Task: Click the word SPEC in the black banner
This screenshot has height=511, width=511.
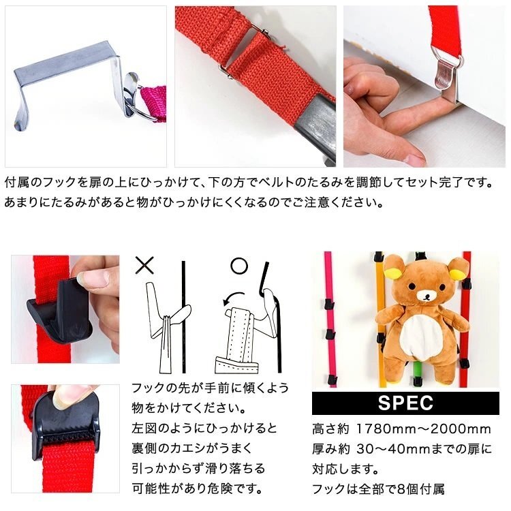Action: click(x=405, y=403)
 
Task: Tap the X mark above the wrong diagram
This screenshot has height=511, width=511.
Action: click(x=144, y=265)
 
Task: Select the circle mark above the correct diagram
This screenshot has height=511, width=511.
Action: click(x=239, y=266)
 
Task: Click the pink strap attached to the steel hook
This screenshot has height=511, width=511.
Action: click(x=154, y=102)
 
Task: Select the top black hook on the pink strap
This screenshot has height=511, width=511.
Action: click(x=329, y=305)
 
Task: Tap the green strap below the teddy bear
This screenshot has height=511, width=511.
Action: click(x=416, y=373)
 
